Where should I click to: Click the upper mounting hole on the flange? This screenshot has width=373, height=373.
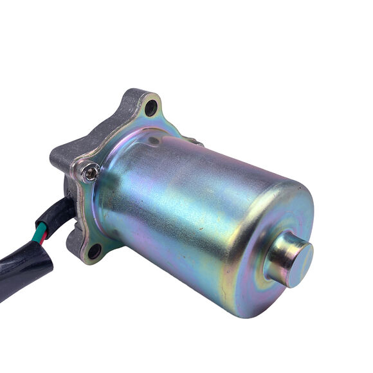click(152, 108)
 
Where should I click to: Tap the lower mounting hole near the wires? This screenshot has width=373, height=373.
click(94, 251)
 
